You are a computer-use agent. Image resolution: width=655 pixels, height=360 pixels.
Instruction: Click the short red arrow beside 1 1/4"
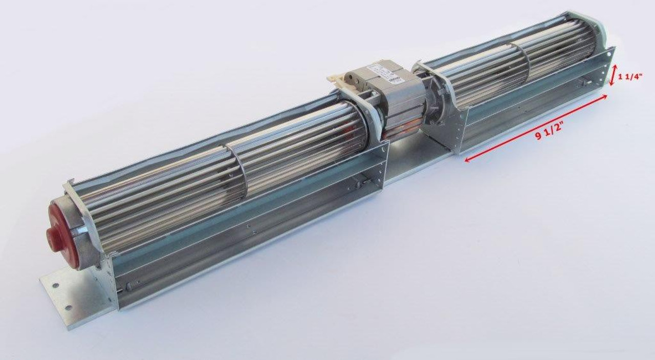(614, 75)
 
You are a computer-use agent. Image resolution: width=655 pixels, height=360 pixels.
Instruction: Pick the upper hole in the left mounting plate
(55, 286)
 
